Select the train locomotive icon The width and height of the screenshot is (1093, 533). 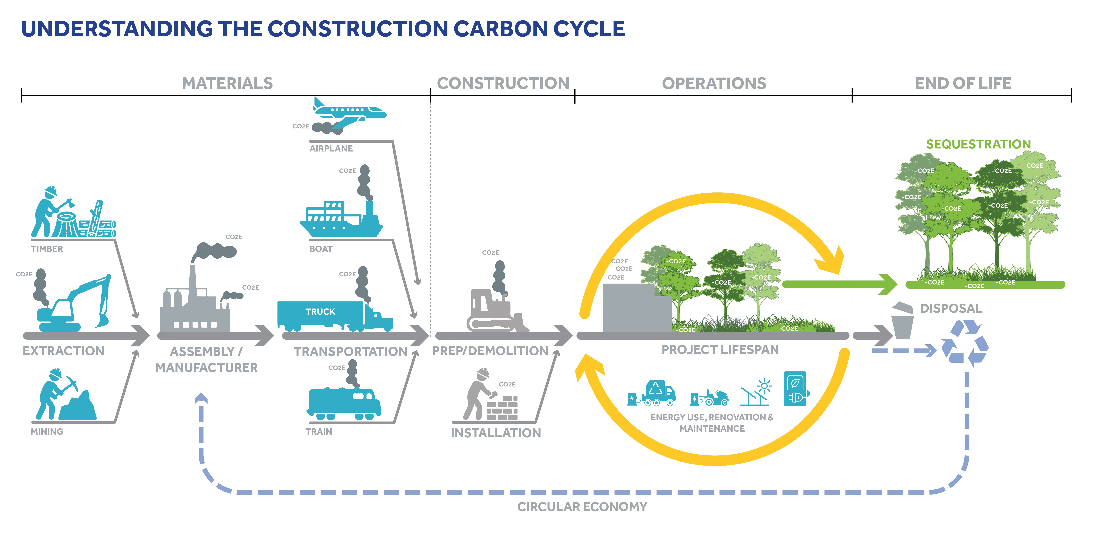click(x=344, y=403)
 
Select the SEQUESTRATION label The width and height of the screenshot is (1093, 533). click(x=978, y=144)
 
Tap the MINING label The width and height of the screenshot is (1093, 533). click(x=47, y=432)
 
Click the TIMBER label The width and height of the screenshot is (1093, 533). click(x=47, y=249)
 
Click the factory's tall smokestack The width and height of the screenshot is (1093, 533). click(x=193, y=282)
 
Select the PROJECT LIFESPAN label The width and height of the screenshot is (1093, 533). click(x=720, y=350)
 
